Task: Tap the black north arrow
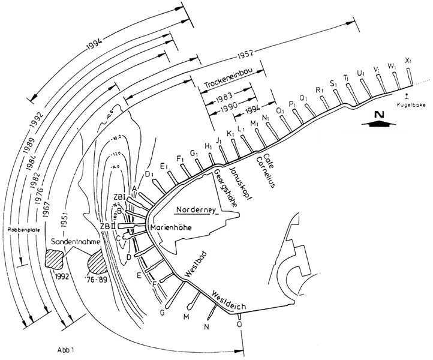point(375,120)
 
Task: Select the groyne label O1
point(279,111)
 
